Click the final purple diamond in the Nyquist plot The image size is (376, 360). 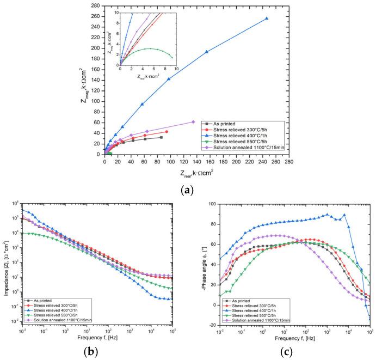[193, 122]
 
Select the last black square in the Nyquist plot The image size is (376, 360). [162, 137]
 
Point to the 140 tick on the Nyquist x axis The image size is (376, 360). [197, 162]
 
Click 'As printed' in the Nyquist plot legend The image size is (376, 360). [223, 124]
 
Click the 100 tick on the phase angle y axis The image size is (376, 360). [209, 204]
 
